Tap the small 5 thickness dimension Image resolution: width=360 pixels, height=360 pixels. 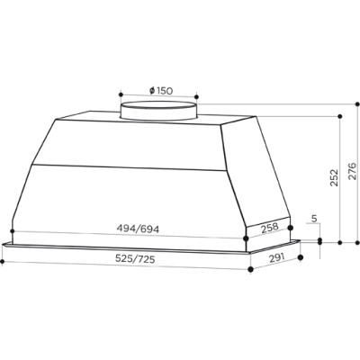pyautogui.click(x=312, y=218)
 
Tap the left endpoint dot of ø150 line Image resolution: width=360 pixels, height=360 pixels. pyautogui.click(x=121, y=91)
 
